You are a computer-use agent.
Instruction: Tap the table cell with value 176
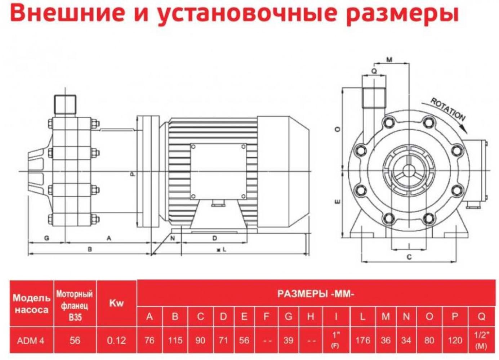pos(362,340)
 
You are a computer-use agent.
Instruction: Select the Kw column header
pos(116,303)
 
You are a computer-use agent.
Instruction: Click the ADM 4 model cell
pos(31,340)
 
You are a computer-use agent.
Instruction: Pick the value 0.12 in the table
pos(116,340)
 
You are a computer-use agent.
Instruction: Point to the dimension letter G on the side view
pos(46,238)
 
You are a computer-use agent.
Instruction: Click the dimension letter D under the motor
pos(215,238)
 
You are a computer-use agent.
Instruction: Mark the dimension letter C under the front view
pos(409,257)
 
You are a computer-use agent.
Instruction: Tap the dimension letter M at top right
pos(389,60)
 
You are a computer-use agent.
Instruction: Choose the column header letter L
pos(362,316)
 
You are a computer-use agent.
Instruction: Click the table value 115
pos(175,340)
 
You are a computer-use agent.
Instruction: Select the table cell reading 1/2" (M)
pos(482,340)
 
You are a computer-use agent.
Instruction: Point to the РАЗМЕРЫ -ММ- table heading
pos(316,294)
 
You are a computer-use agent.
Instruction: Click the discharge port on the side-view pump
pos(65,103)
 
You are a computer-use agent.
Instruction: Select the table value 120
pos(455,340)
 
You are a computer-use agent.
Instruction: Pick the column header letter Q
pos(482,316)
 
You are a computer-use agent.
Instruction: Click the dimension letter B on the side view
pos(90,249)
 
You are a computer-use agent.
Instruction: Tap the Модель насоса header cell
pos(31,303)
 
